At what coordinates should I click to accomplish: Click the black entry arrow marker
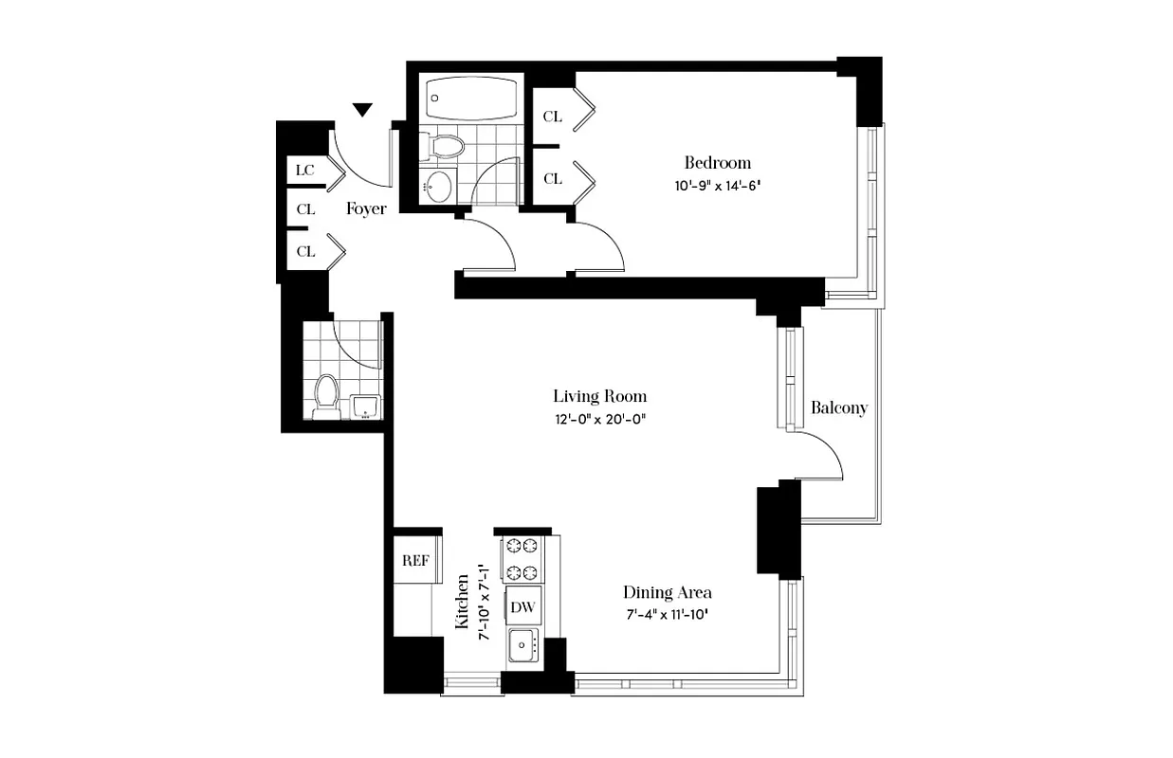[362, 111]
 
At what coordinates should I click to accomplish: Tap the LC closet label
[304, 171]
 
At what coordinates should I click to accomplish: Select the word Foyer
[366, 208]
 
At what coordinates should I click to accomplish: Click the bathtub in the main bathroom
[471, 98]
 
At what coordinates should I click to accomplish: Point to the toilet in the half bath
[326, 396]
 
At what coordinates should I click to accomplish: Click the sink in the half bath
[365, 406]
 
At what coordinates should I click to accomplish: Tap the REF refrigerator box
[416, 560]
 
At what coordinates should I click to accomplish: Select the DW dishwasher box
[521, 606]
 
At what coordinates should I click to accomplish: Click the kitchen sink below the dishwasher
[522, 647]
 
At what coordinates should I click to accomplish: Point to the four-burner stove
[521, 559]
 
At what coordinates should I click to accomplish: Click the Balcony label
[839, 408]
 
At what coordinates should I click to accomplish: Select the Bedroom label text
[718, 162]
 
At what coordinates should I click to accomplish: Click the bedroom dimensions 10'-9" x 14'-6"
[718, 186]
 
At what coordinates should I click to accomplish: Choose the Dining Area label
[667, 592]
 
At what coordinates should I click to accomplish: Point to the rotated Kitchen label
[463, 601]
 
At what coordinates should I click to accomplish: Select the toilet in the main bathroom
[444, 145]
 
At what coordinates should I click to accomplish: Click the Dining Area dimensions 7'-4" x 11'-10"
[667, 615]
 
